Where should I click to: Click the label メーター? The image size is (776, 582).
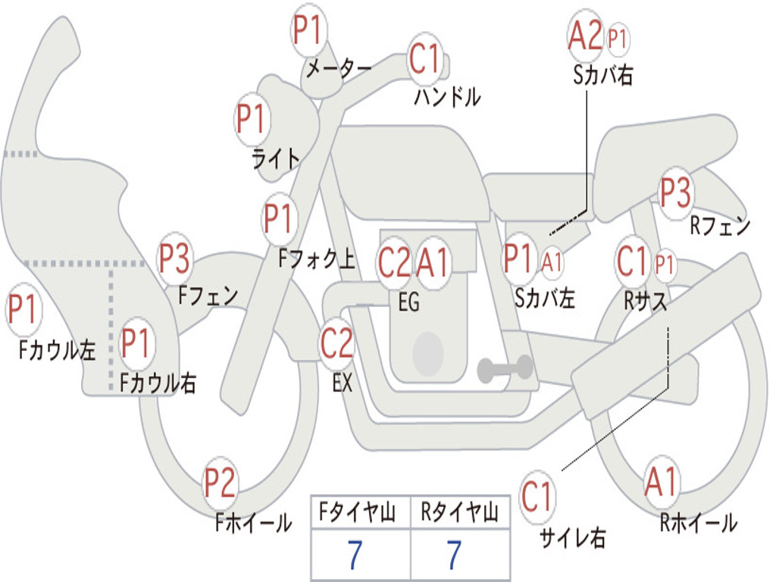(x=338, y=68)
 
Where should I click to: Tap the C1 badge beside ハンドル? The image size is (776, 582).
(x=424, y=59)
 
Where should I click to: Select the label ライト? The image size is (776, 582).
(x=276, y=158)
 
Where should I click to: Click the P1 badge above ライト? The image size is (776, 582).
(x=253, y=120)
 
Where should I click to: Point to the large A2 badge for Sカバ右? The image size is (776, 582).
(x=586, y=36)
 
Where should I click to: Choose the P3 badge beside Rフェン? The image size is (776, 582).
(x=675, y=192)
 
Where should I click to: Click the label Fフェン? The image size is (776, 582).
(x=208, y=295)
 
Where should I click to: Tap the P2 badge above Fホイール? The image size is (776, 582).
(x=220, y=483)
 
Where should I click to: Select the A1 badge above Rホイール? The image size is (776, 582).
(x=662, y=482)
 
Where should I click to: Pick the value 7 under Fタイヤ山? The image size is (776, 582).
(x=355, y=555)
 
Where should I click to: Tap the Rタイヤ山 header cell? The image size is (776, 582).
(x=459, y=513)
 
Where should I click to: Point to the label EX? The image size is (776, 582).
(x=343, y=383)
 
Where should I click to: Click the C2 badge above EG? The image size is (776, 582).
(x=395, y=262)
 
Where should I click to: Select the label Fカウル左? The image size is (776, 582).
(x=58, y=349)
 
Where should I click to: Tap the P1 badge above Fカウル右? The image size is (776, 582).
(x=138, y=343)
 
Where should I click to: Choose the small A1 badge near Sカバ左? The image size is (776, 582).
(x=552, y=262)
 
